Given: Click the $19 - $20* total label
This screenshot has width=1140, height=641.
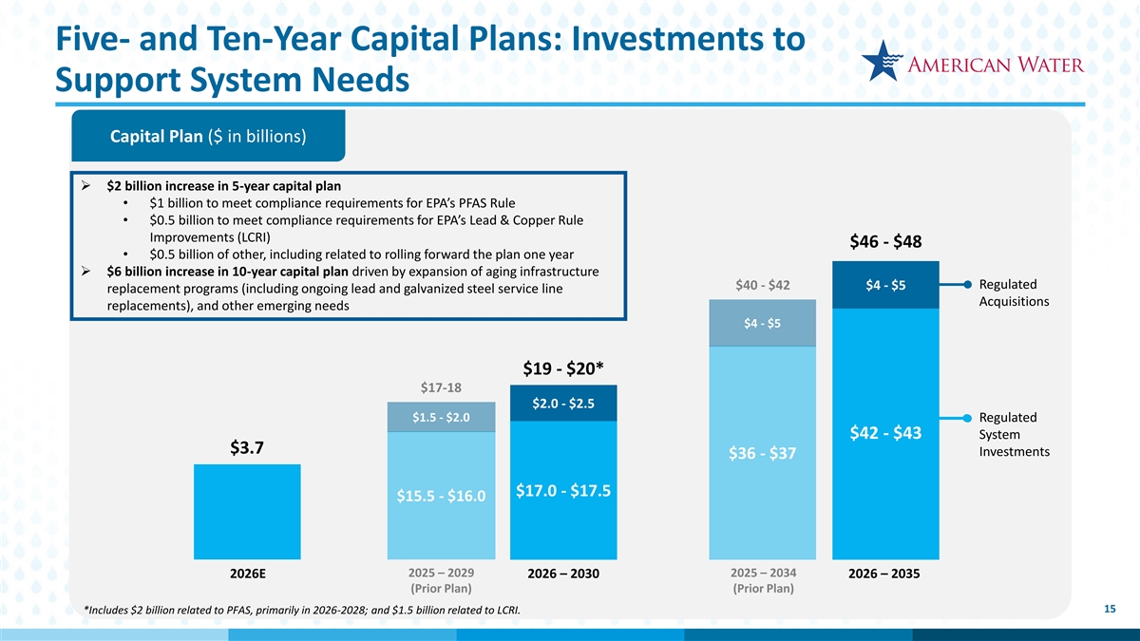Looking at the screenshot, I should (x=563, y=368).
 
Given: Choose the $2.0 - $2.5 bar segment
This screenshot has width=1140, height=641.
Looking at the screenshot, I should (x=563, y=404).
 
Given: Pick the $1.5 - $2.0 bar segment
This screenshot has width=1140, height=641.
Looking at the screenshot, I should (x=441, y=418).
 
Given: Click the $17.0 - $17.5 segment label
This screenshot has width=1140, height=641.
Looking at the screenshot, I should (x=563, y=490).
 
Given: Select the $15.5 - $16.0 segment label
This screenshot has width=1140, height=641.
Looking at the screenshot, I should (x=441, y=496).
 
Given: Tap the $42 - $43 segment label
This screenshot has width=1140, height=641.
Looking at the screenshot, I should (x=885, y=433).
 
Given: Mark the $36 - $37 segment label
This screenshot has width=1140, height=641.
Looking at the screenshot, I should (x=762, y=455).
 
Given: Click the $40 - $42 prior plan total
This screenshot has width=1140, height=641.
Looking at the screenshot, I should (x=762, y=286).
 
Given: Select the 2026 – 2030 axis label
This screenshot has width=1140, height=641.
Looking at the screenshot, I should (x=563, y=575).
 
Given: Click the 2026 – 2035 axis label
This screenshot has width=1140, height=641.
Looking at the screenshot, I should (x=885, y=575).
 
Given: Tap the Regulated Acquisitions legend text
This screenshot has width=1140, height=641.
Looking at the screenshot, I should (x=1013, y=293).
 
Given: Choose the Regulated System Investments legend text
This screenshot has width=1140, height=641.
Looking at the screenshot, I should (x=1013, y=435).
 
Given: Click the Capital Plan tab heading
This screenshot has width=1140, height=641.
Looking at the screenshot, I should (x=208, y=136).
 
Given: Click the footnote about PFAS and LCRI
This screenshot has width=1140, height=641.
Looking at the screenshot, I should (x=302, y=609).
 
